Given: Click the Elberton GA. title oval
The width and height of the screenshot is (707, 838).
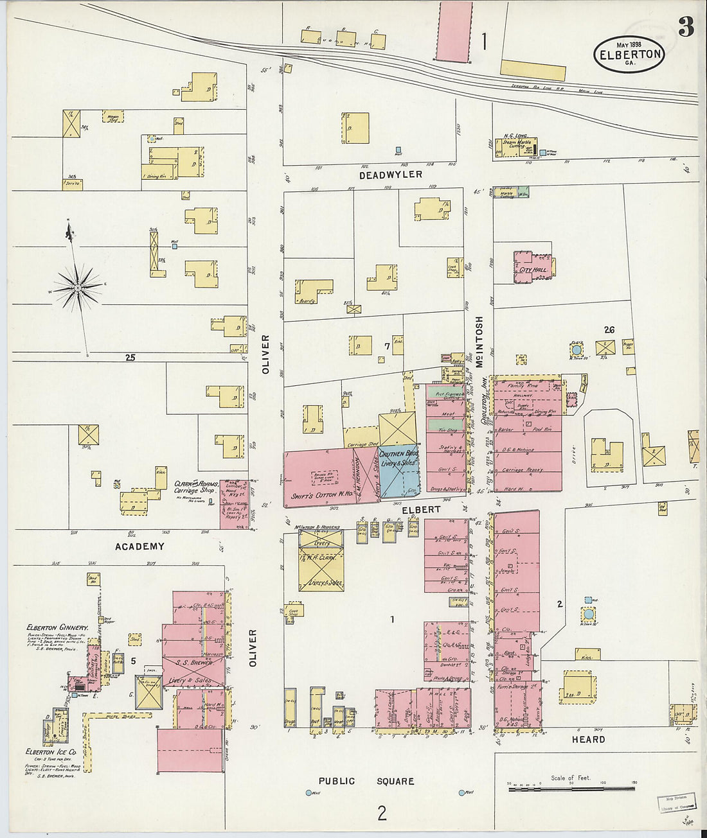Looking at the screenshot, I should (629, 54).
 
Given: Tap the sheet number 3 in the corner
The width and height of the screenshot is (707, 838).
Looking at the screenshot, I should (685, 27).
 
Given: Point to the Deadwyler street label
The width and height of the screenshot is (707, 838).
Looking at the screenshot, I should (390, 175).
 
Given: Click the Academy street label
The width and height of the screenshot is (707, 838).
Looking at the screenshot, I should (139, 546).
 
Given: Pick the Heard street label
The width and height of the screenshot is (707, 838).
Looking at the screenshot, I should (588, 740).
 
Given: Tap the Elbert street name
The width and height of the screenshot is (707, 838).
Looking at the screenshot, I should (421, 509).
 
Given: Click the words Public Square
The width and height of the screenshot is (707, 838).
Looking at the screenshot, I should (366, 781).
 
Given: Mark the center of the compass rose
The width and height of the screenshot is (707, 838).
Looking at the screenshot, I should (78, 288).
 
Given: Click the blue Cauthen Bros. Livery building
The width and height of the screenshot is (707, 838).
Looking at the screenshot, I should (398, 471).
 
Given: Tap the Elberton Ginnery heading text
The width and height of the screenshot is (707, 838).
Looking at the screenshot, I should (57, 627).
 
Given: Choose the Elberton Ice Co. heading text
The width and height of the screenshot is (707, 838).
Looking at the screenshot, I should (51, 752).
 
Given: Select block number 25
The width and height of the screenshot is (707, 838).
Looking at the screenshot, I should (130, 358).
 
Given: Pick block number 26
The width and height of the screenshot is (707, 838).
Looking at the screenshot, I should (609, 330).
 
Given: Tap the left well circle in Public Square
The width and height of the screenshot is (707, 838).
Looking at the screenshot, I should (309, 793).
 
